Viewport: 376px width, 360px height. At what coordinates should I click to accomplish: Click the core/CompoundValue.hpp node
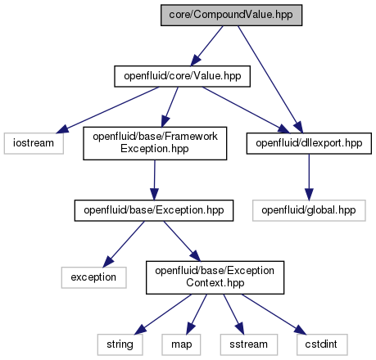[231, 16]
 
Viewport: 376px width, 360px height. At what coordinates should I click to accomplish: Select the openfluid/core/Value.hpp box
[182, 76]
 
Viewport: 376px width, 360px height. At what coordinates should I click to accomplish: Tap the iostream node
[34, 143]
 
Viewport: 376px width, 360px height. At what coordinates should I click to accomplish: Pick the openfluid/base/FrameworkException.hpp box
[155, 143]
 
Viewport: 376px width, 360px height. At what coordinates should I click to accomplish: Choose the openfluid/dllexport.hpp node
[309, 143]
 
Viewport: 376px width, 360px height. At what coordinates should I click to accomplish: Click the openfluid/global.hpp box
[309, 210]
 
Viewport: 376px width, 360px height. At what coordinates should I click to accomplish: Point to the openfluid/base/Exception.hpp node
[154, 210]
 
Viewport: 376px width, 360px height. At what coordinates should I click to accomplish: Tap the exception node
[93, 277]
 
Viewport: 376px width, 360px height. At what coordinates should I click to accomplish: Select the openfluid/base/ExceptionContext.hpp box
[215, 277]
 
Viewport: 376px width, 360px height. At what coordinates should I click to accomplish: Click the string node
[120, 344]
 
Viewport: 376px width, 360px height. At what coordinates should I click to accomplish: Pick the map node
[181, 344]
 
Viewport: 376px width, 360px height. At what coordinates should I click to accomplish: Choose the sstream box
[249, 344]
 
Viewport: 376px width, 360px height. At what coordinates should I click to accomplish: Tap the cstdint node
[322, 344]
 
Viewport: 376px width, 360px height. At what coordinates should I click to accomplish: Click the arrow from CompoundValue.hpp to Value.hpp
[206, 46]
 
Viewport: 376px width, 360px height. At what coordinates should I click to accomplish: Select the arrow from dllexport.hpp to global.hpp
[309, 178]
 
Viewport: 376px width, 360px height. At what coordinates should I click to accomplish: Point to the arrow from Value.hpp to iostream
[107, 110]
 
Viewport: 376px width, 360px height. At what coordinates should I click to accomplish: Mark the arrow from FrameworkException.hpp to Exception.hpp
[155, 180]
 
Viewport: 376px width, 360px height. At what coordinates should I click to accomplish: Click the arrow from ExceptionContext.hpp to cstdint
[274, 314]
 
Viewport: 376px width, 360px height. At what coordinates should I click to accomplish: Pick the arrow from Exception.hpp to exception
[124, 245]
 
